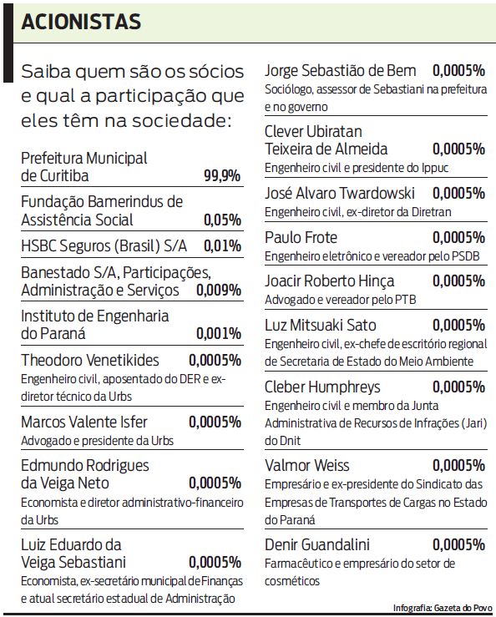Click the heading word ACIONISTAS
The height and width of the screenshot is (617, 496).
pyautogui.click(x=81, y=21)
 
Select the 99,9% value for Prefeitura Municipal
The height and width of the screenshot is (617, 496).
pyautogui.click(x=221, y=176)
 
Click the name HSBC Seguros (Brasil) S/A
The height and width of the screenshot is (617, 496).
pyautogui.click(x=104, y=245)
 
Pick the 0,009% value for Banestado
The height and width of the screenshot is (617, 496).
pyautogui.click(x=218, y=291)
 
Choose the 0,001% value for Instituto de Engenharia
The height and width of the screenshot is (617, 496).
pyautogui.click(x=218, y=334)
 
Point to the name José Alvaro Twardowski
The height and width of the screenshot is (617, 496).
pyautogui.click(x=339, y=193)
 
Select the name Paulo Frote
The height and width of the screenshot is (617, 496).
pyautogui.click(x=302, y=237)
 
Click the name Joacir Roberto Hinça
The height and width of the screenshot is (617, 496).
pyautogui.click(x=329, y=281)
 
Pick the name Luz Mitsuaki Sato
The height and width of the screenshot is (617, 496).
pyautogui.click(x=321, y=325)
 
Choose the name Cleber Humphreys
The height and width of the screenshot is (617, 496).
pyautogui.click(x=322, y=387)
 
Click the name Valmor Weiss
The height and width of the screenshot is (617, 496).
pyautogui.click(x=306, y=465)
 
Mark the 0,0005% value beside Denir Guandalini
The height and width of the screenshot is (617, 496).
pyautogui.click(x=458, y=544)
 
